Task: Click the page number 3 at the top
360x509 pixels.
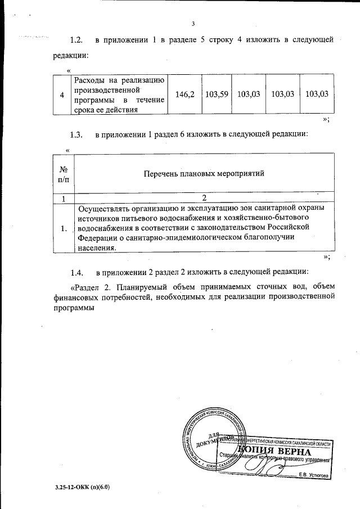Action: [x=193, y=24]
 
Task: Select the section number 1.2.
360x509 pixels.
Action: [x=76, y=40]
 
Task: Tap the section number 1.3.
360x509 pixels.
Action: [x=76, y=135]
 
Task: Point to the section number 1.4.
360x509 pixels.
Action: [x=76, y=273]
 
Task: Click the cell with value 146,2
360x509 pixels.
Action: [x=184, y=94]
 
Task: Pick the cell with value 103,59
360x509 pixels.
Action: [x=217, y=94]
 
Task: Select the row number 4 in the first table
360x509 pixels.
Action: [x=62, y=94]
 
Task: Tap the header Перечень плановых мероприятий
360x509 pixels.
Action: [x=204, y=174]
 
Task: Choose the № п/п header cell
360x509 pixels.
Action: [x=64, y=174]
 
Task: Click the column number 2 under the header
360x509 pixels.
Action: [x=204, y=198]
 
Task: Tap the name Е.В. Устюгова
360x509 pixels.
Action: [x=314, y=475]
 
